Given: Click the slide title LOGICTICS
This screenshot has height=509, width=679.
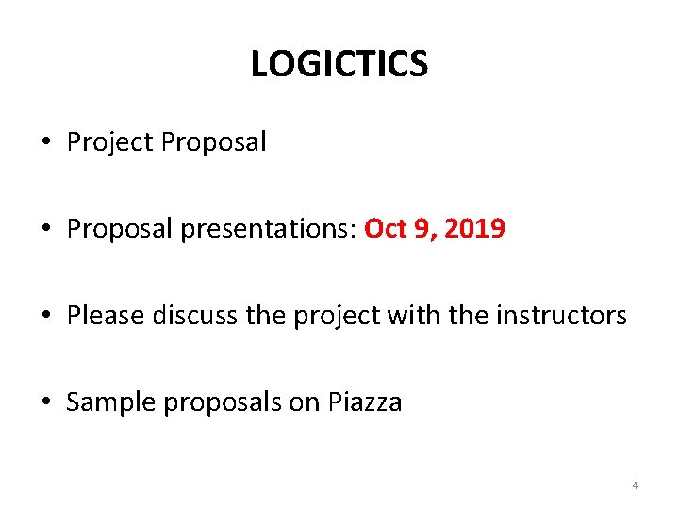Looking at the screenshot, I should [339, 64].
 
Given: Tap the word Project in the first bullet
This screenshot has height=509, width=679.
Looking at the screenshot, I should [109, 142].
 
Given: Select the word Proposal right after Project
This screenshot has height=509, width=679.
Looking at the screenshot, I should [213, 142].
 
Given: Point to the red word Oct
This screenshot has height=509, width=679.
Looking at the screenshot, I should [385, 228].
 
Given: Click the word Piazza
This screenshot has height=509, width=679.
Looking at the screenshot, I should [365, 402].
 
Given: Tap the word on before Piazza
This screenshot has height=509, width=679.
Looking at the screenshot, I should [305, 402].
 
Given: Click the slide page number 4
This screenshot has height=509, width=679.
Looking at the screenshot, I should [635, 485].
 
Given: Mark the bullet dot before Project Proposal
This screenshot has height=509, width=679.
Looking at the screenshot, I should [46, 143].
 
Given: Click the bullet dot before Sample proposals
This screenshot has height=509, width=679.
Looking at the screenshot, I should [46, 403].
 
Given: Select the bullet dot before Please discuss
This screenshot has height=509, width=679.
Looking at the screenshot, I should [46, 316].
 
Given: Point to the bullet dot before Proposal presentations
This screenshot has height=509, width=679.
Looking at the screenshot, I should [46, 229].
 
